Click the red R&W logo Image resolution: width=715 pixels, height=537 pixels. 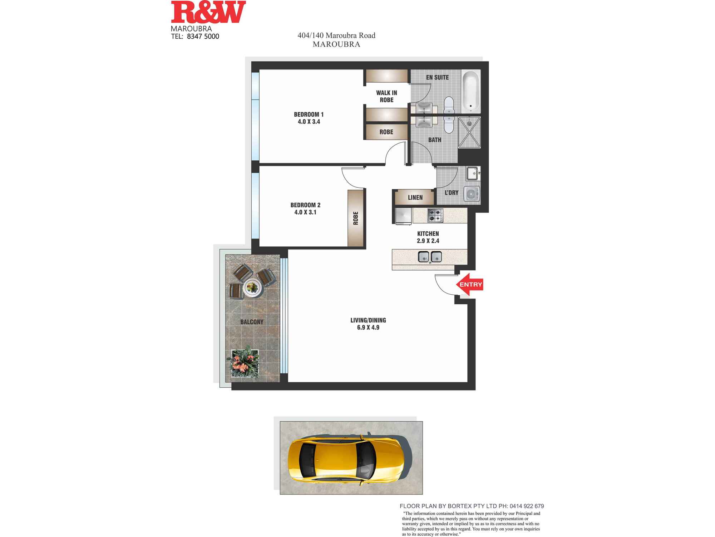click(208, 13)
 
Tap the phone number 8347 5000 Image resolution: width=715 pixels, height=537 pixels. click(203, 36)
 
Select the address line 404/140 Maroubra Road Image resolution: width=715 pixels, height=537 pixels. click(336, 35)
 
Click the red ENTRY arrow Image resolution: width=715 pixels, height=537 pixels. click(470, 285)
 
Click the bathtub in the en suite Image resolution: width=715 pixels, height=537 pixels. click(470, 91)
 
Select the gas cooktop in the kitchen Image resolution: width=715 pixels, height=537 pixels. click(435, 215)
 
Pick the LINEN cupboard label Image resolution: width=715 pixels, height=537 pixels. click(415, 198)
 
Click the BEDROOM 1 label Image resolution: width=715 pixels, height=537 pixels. click(309, 115)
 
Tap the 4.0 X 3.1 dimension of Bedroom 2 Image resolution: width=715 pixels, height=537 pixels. click(305, 212)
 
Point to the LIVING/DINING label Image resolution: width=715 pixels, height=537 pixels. click(368, 320)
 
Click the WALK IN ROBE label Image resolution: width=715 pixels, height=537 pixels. click(386, 96)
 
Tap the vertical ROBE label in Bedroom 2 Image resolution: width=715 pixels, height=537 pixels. click(356, 218)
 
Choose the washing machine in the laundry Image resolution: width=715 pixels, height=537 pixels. click(472, 194)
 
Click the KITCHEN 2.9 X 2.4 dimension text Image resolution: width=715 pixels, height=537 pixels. click(428, 241)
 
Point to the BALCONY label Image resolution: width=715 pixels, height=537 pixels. click(252, 322)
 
